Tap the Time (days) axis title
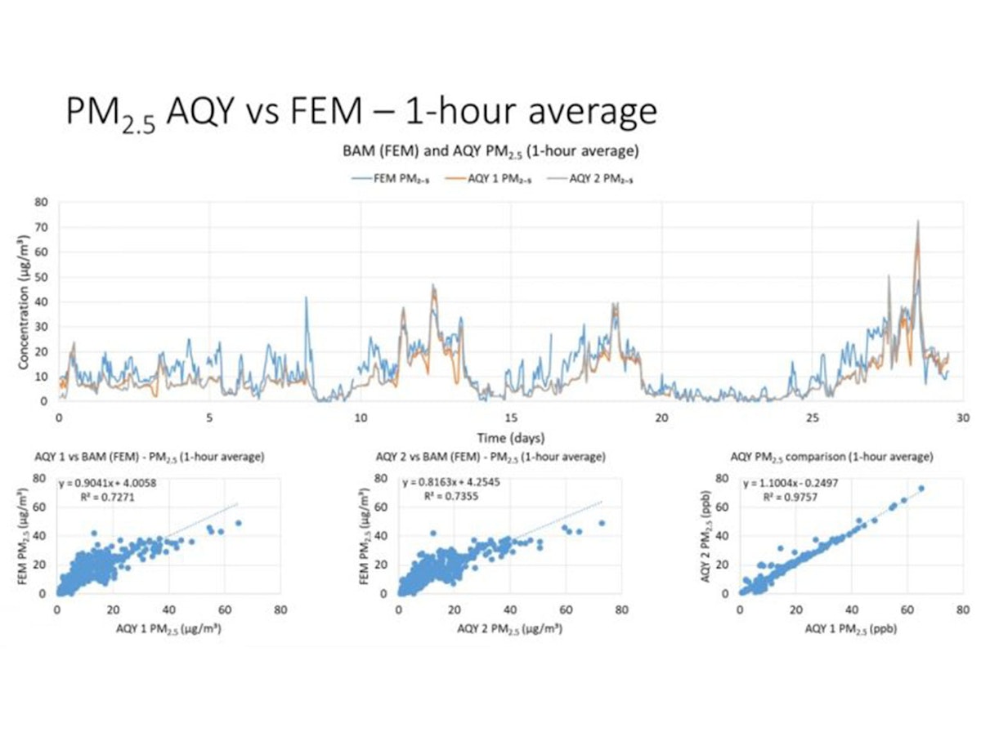512,438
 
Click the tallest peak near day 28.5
918,221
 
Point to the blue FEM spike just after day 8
307,298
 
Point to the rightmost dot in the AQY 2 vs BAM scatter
602,523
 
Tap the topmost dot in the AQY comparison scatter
921,489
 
